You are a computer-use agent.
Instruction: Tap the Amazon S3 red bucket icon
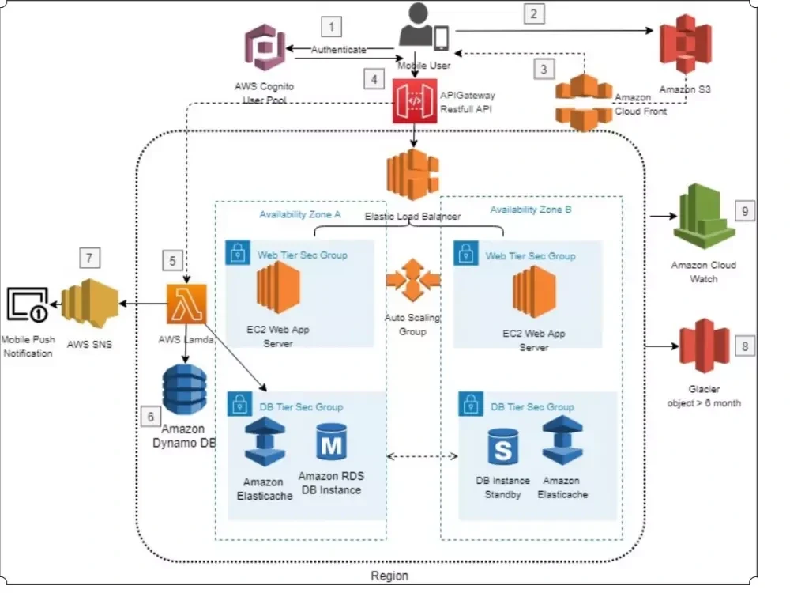(686, 48)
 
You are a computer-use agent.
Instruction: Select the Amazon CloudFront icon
(583, 101)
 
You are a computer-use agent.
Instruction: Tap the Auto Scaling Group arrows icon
(412, 281)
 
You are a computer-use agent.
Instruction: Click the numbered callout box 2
(534, 13)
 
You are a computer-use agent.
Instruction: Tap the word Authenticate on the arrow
(338, 49)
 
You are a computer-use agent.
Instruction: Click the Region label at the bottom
(389, 576)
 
